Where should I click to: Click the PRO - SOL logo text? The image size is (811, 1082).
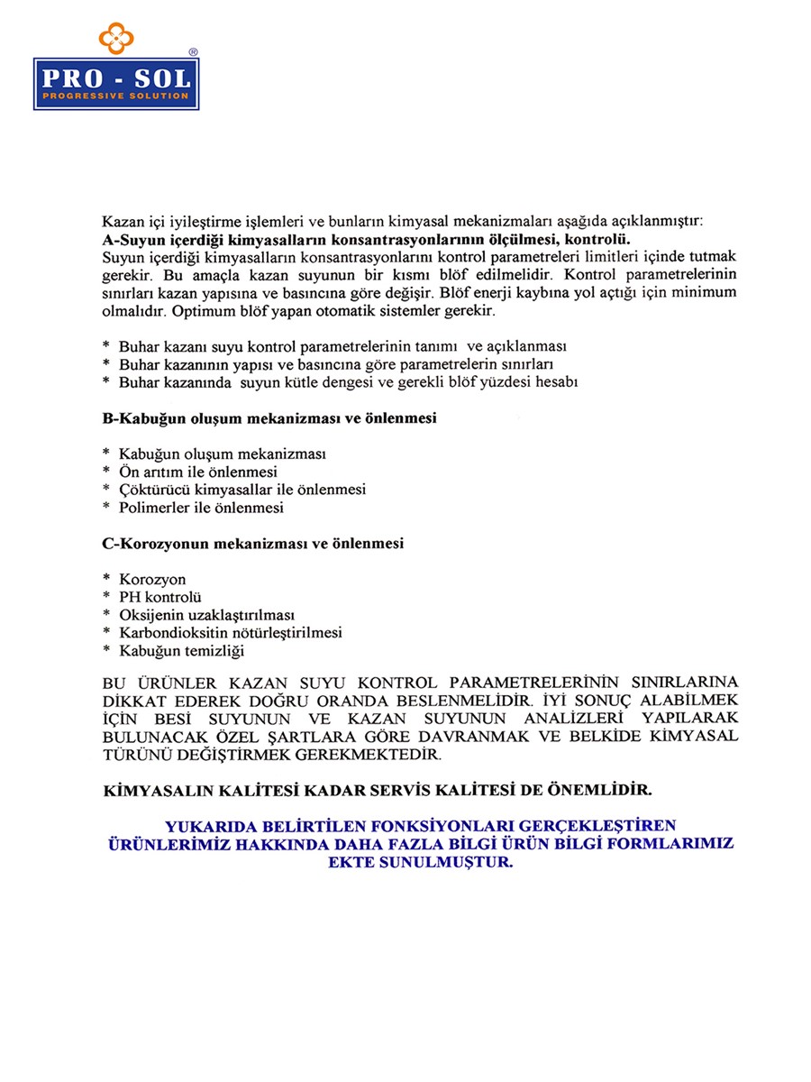116,78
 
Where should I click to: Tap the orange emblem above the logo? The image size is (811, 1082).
116,38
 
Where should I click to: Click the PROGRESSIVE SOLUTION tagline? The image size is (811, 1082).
116,96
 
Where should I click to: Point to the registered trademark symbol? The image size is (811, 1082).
193,52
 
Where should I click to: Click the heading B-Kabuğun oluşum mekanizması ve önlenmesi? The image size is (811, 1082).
269,419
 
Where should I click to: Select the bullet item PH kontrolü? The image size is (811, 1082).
159,597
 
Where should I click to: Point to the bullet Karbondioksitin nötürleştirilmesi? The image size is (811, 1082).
230,633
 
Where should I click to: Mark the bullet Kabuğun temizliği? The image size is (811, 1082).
181,650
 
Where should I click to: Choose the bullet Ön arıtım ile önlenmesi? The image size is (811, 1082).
197,472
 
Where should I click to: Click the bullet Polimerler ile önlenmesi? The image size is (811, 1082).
201,508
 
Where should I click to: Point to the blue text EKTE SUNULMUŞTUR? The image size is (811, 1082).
421,861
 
